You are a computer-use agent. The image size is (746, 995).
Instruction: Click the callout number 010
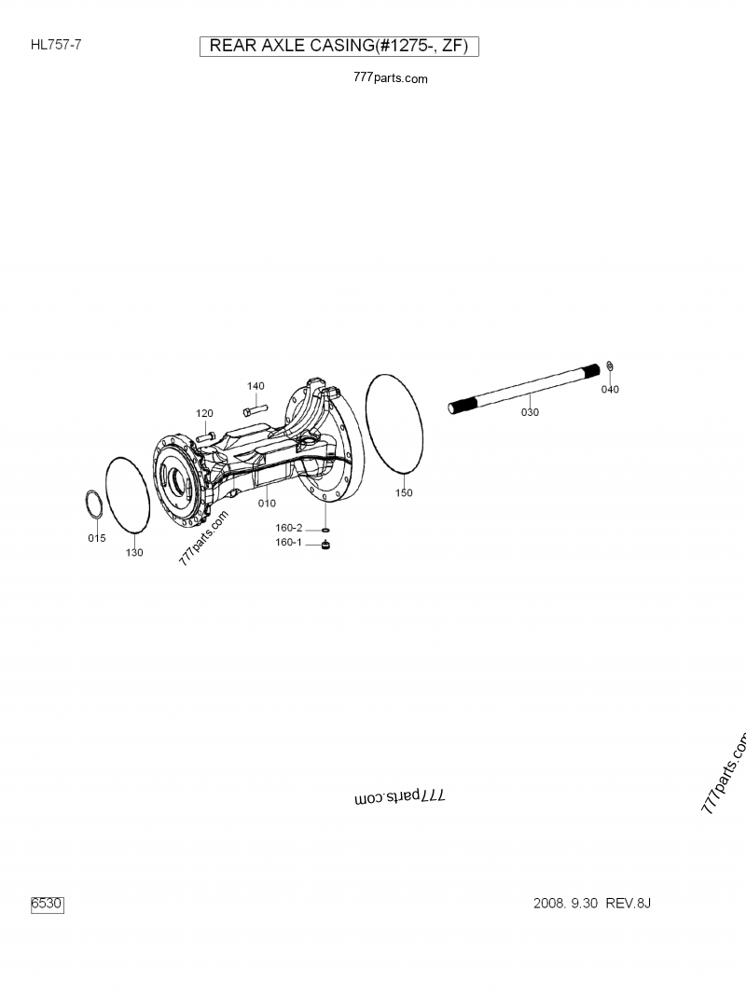click(x=267, y=504)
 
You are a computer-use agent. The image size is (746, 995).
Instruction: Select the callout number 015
click(x=97, y=538)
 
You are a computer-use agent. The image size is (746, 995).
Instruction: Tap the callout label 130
click(x=134, y=552)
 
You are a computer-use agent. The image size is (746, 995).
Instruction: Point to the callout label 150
click(x=403, y=493)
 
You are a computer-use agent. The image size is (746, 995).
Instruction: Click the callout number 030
click(x=530, y=412)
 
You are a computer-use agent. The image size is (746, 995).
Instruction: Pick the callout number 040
click(x=609, y=389)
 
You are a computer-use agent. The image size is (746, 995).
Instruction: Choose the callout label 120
click(x=204, y=413)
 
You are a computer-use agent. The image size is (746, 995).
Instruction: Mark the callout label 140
click(x=256, y=386)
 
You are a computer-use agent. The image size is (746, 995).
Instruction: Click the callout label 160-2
click(x=288, y=528)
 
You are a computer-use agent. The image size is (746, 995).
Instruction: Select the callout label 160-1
click(x=288, y=543)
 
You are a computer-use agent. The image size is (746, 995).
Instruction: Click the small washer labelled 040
click(x=609, y=365)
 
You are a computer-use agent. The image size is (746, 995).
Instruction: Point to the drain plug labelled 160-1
click(x=326, y=545)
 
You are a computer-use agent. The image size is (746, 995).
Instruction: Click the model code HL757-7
click(x=55, y=44)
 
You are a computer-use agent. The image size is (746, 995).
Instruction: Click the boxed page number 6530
click(x=47, y=904)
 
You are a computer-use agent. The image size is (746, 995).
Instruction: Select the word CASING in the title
click(x=334, y=47)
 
